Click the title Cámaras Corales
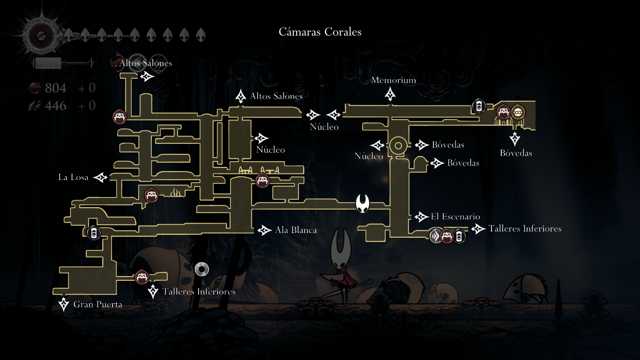[320, 32]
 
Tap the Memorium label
[394, 81]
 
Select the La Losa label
[73, 177]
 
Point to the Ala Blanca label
[296, 230]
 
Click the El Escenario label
[455, 217]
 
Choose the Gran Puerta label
[97, 305]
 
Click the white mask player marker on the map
[363, 203]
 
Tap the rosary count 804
[55, 88]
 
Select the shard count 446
[55, 106]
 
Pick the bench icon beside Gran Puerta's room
[142, 277]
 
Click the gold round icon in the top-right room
[518, 112]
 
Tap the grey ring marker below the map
[201, 269]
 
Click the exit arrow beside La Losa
[101, 177]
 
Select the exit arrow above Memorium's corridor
[390, 95]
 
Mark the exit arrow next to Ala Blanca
[265, 230]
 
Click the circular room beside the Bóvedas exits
[398, 145]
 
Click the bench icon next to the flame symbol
[151, 195]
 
